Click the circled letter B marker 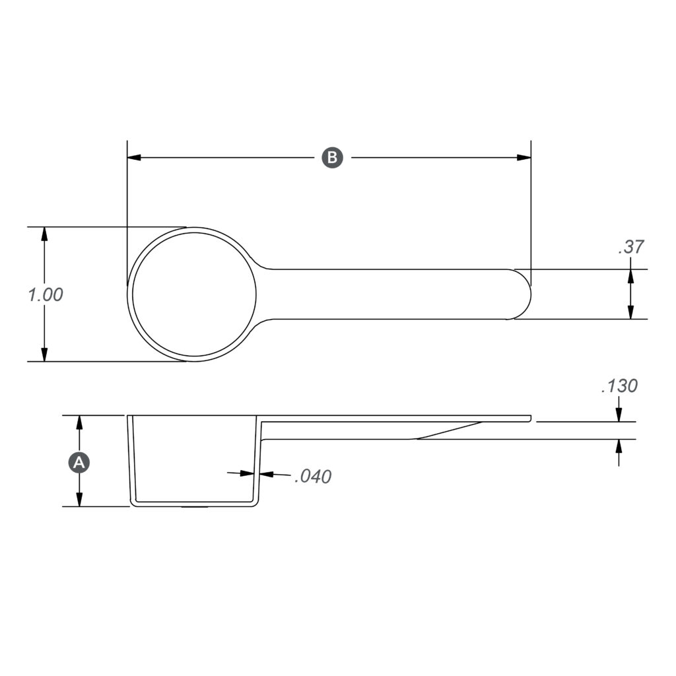(332, 158)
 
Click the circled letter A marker (79, 463)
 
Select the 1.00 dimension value (46, 294)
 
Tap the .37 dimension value (630, 247)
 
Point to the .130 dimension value (619, 386)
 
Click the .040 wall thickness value (312, 476)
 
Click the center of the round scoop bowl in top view (194, 294)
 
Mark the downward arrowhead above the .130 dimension (619, 415)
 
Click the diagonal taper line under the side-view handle (449, 430)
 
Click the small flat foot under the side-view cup (194, 507)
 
